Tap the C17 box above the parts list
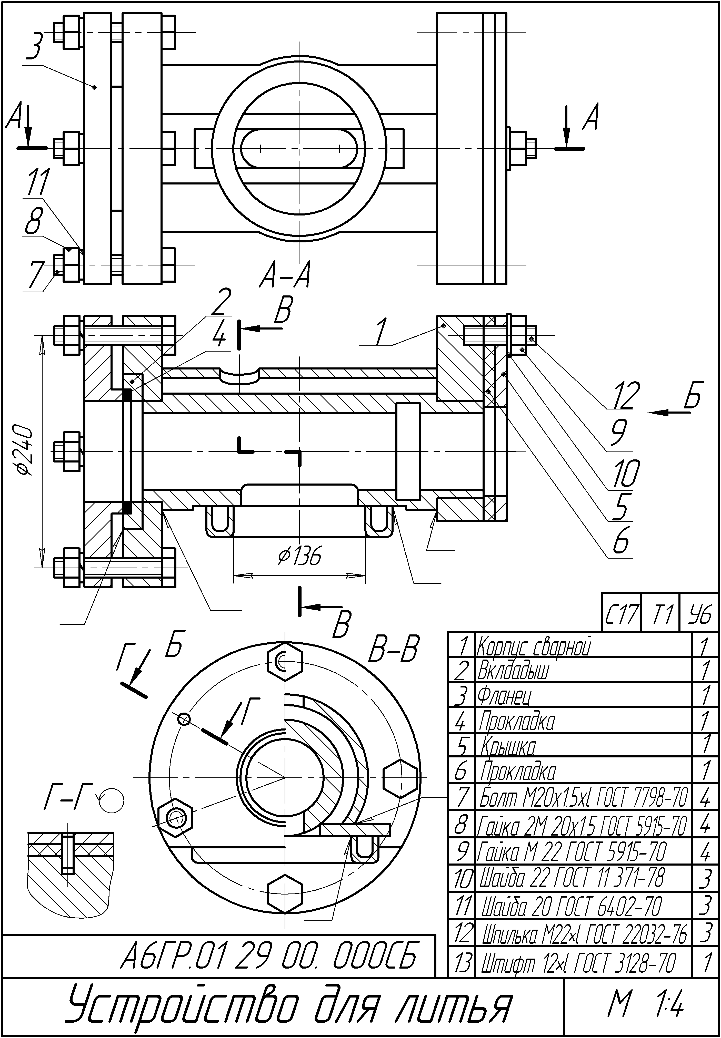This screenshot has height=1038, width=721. pos(621,614)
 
